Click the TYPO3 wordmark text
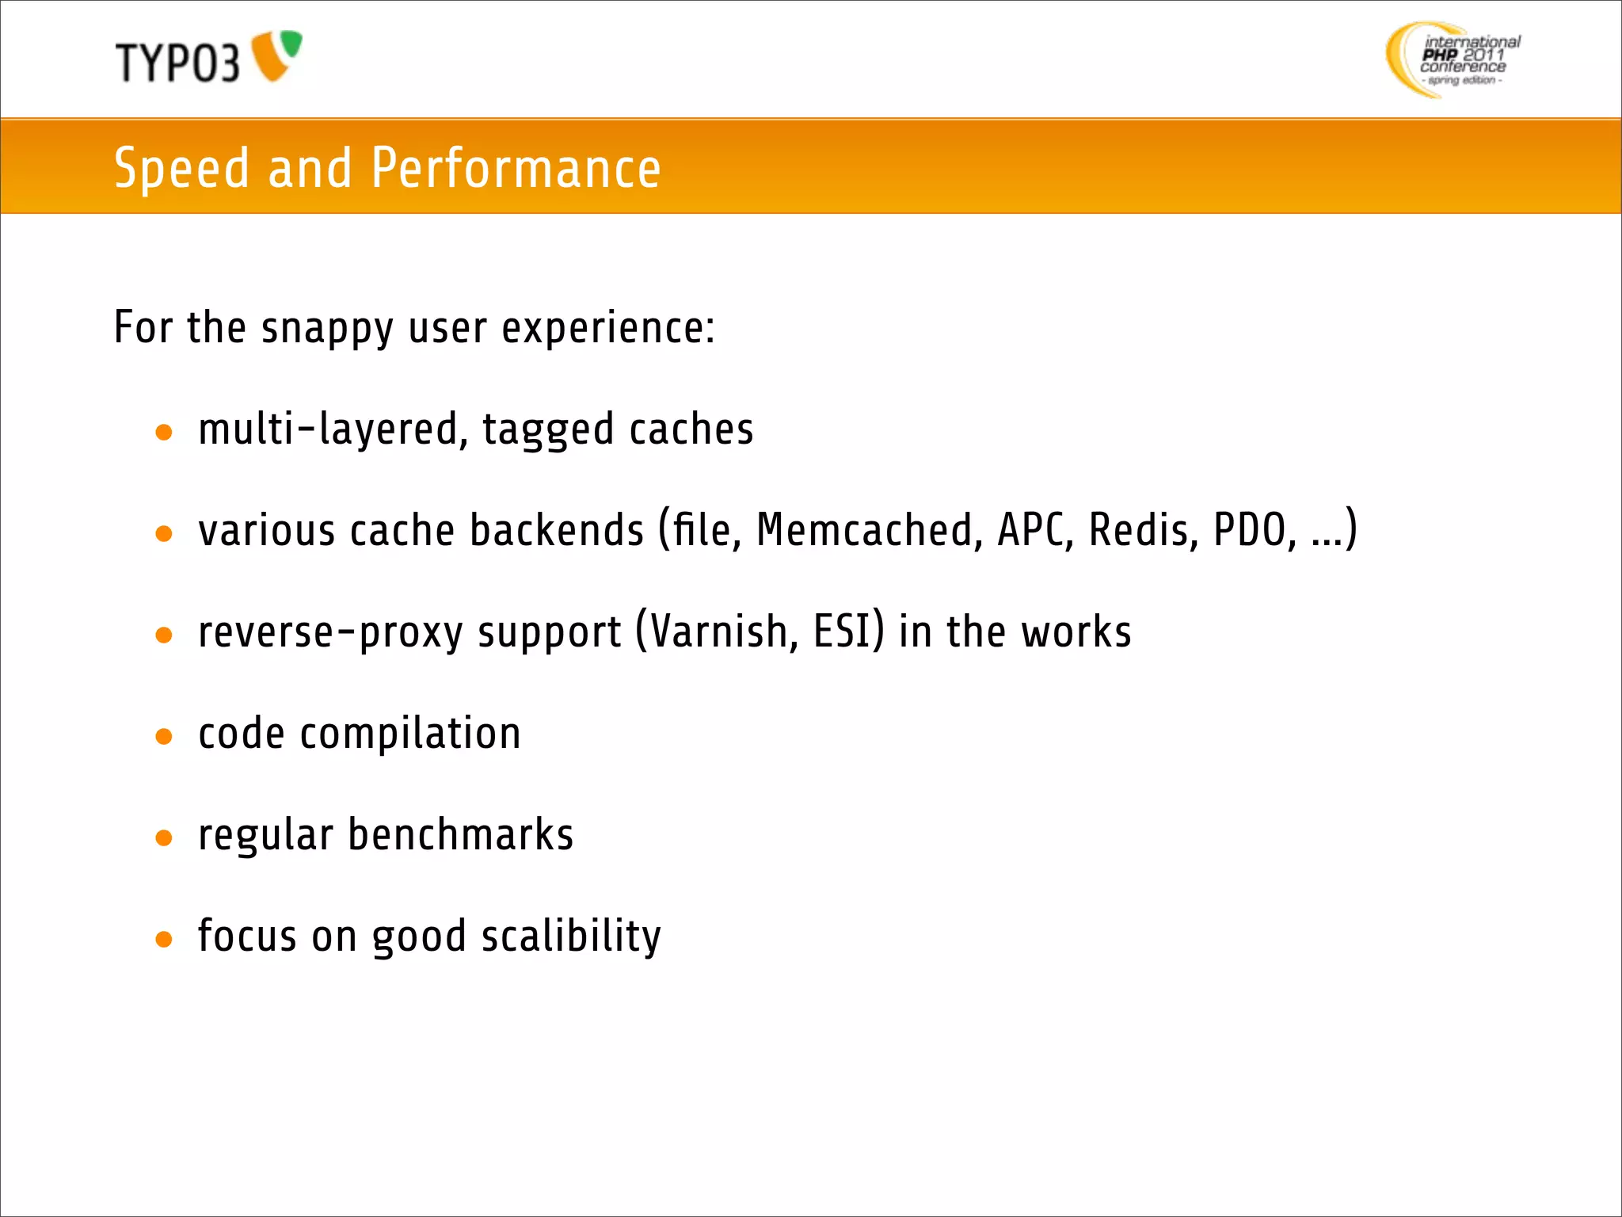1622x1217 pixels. point(177,63)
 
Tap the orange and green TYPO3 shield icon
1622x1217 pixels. point(276,55)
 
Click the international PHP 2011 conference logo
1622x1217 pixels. point(1453,60)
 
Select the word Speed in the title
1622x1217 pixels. point(181,169)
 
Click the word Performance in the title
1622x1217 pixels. point(516,169)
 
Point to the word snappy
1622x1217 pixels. point(327,329)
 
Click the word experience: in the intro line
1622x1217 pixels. point(608,329)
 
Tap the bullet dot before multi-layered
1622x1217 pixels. point(164,433)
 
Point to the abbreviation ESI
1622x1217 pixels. point(843,632)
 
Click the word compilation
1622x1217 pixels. point(410,734)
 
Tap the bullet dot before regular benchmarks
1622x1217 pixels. point(164,838)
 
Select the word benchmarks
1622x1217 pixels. point(461,835)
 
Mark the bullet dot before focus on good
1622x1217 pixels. point(164,940)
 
